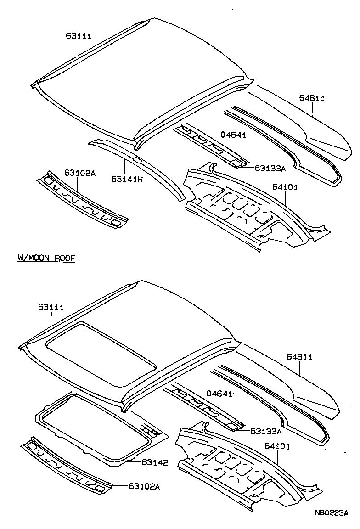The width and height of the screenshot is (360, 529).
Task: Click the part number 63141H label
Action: point(125,179)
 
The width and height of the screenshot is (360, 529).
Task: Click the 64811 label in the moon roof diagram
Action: point(299,357)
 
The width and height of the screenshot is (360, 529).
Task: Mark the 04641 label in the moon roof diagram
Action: point(220,394)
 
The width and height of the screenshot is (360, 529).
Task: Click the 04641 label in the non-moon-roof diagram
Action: point(233,135)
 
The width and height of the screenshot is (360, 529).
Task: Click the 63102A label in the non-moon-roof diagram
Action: point(79,173)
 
